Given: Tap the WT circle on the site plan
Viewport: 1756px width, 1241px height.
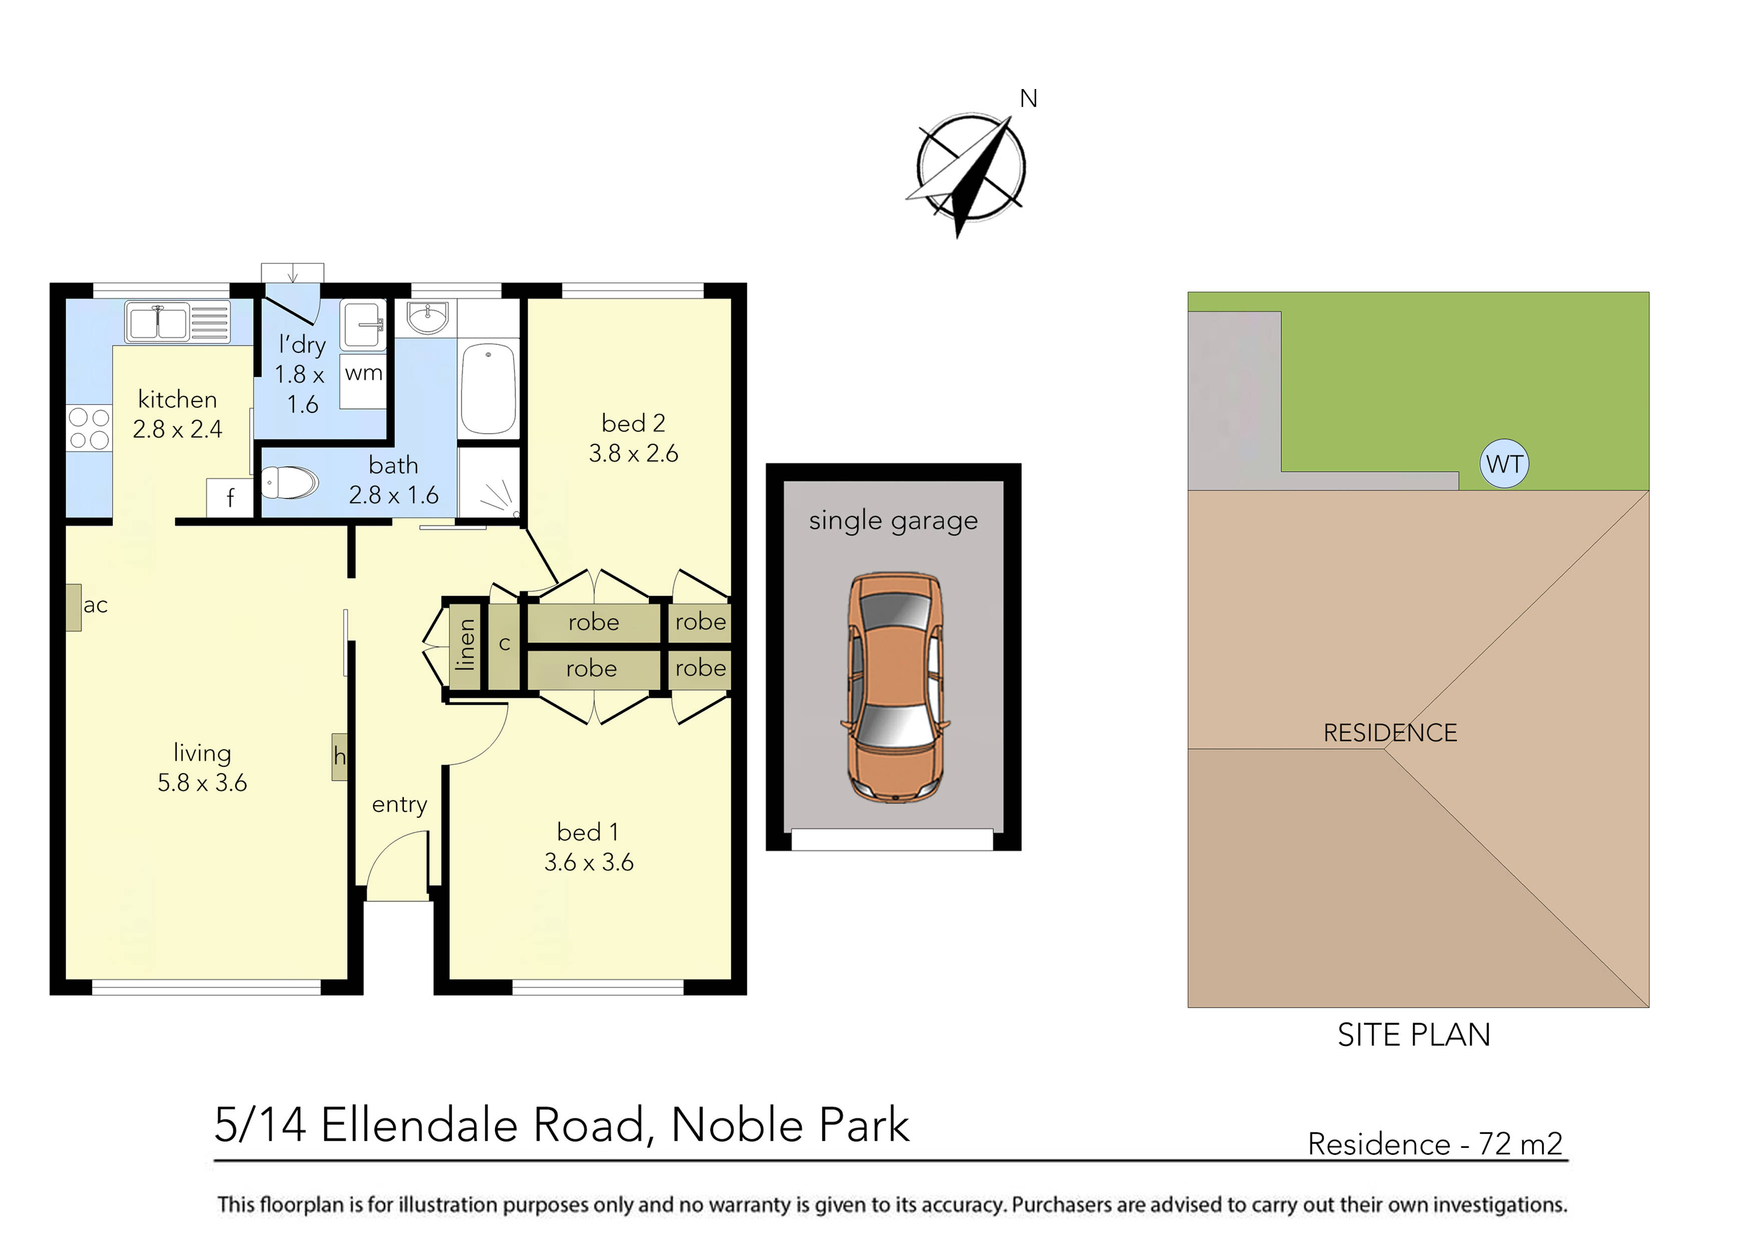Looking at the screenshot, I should coord(1504,464).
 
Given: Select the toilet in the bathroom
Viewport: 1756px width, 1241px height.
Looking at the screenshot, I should coord(291,482).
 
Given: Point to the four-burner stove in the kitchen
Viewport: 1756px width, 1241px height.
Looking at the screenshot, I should coord(89,428).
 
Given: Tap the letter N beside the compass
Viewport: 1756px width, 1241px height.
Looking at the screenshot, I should coord(1029,99).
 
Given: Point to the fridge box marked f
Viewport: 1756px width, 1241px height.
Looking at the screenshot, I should coord(229,498).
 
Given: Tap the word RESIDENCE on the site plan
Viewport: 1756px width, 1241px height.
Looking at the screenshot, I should coord(1390,733).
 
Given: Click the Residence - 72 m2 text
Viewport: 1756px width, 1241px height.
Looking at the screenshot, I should coord(1435,1144).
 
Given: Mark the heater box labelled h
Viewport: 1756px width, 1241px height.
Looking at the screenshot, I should coord(339,757).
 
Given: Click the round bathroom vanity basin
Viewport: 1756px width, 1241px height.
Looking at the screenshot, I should coord(427,317).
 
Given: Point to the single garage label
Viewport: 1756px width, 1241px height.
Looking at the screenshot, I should coord(894,521).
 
